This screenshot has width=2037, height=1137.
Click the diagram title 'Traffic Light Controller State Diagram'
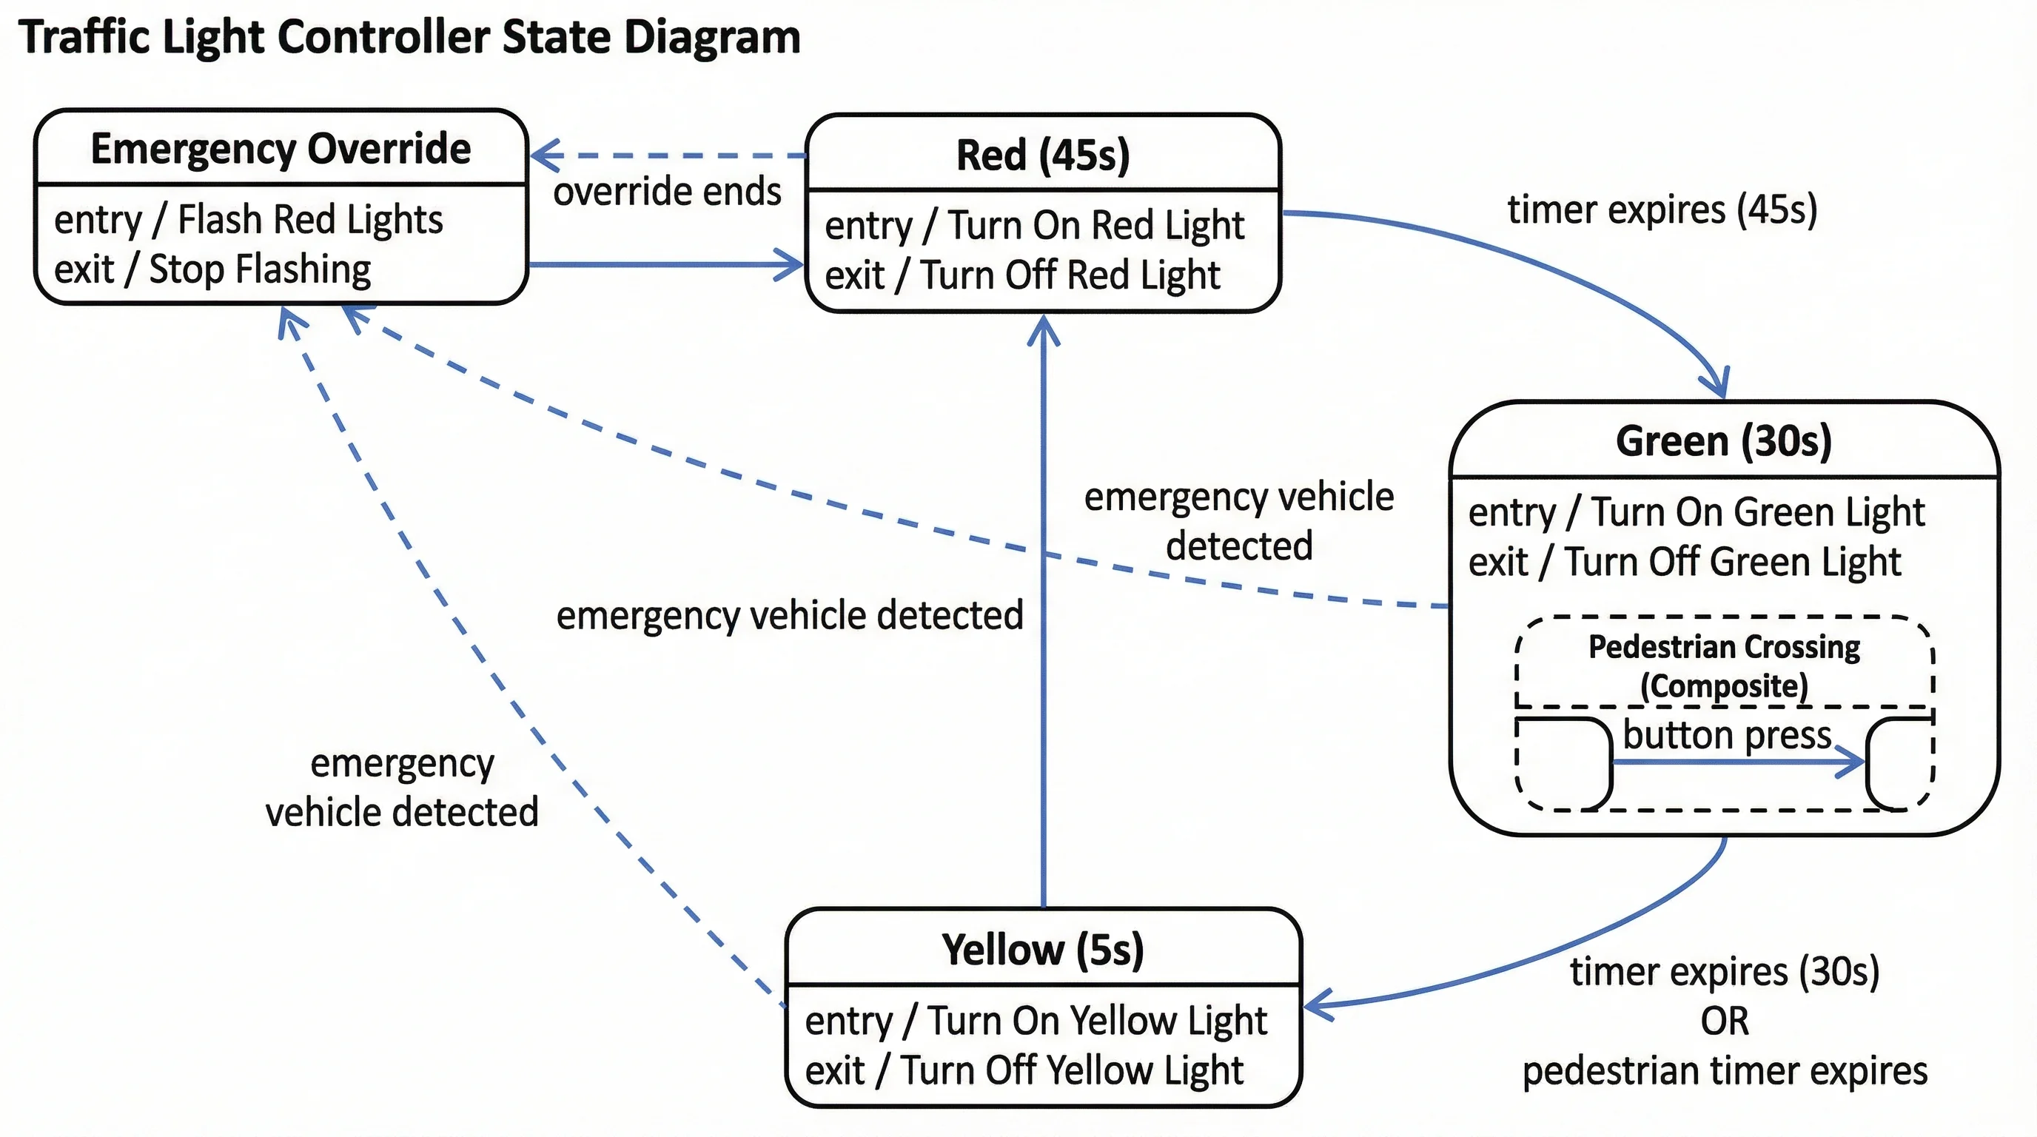tap(409, 37)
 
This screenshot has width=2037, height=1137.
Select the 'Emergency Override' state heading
tap(281, 149)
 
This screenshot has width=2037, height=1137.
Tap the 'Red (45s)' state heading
tap(1042, 155)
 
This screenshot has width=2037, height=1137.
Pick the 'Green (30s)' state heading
tap(1724, 441)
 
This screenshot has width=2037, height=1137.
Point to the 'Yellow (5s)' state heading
tap(1042, 950)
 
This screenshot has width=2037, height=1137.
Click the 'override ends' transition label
tap(667, 191)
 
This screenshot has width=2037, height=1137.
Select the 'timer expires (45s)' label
tap(1662, 209)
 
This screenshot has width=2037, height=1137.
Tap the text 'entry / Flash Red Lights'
tap(248, 220)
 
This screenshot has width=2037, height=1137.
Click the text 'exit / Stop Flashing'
tap(212, 269)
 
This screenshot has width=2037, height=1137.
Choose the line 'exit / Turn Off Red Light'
tap(1021, 276)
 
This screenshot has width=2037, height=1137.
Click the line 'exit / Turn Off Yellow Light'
tap(1024, 1070)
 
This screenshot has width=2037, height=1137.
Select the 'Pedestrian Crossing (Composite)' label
tap(1724, 665)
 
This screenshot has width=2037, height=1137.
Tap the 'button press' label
tap(1727, 734)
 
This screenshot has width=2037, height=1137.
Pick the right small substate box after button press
tap(1899, 764)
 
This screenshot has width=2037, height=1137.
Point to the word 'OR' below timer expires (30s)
tap(1725, 1022)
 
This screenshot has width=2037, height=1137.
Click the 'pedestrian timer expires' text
tap(1725, 1071)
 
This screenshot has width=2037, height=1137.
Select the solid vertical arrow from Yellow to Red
tap(1043, 633)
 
